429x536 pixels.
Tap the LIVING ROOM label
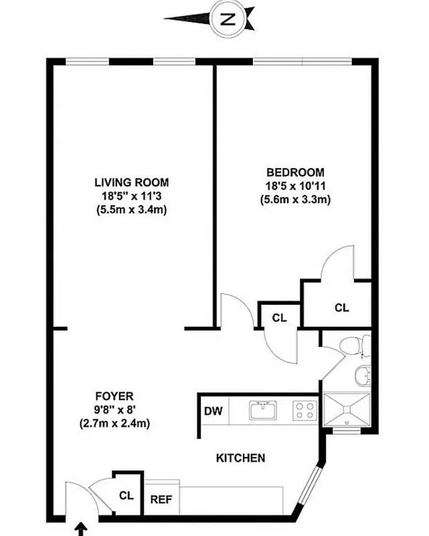(131, 182)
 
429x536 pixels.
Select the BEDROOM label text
(295, 172)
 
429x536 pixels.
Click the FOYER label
(114, 395)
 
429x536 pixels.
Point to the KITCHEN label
(241, 458)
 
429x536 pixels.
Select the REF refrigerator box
(159, 499)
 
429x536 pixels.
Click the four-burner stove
(306, 409)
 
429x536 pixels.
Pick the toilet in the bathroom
(351, 346)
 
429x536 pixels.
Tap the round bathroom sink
(362, 376)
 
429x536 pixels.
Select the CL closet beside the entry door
(126, 495)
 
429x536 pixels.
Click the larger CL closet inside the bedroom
(341, 308)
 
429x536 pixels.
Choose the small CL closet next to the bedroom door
(279, 318)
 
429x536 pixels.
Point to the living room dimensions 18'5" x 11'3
(131, 196)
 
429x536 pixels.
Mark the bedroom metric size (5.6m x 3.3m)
(295, 199)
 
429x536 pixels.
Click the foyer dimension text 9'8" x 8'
(114, 409)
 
